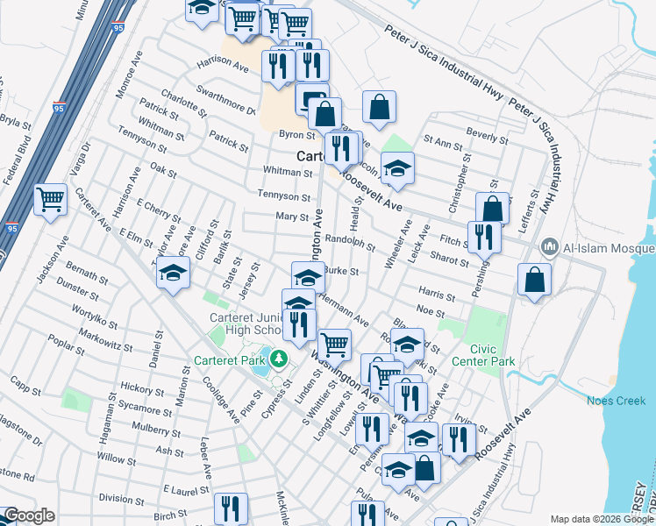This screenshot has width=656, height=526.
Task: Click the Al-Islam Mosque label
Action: (x=597, y=246)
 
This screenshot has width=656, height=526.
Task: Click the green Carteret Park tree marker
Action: (x=278, y=358)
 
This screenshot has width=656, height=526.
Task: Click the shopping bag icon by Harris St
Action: (x=534, y=280)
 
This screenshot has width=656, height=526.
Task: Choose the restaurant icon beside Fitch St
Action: (x=484, y=236)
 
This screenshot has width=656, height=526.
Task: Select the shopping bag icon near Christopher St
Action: (x=493, y=209)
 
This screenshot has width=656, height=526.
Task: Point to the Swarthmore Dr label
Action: (x=225, y=102)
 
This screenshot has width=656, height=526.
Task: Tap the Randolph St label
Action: (x=350, y=239)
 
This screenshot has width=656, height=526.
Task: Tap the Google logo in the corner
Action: (x=29, y=515)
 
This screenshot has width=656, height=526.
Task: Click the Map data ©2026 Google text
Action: (x=602, y=519)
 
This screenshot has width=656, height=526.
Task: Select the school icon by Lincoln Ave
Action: (x=397, y=168)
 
